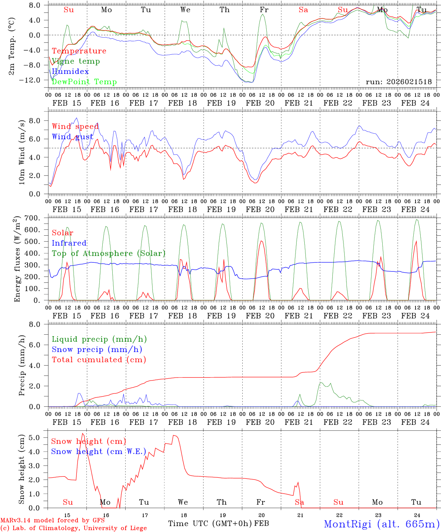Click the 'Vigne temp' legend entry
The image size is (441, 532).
pos(76,61)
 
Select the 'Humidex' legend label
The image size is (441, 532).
pos(70,71)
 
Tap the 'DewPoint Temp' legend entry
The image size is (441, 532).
pos(84,82)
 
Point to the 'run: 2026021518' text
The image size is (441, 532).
pos(399,82)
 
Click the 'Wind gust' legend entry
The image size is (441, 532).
pos(73,137)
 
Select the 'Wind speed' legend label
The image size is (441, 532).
pos(75,127)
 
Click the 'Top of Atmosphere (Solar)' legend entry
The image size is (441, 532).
pos(109,253)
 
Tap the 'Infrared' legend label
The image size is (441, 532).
pos(69,243)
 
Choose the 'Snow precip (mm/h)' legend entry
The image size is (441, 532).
pos(97,349)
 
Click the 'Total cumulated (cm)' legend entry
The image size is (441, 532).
pos(99,359)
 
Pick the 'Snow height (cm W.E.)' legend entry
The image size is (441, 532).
pos(99,451)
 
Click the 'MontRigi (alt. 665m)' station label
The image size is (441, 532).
pos(382,524)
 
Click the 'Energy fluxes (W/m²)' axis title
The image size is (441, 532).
pos(17,259)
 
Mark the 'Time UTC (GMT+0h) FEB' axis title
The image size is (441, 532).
pos(218,524)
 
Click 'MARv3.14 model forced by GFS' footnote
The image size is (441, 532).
pos(52,521)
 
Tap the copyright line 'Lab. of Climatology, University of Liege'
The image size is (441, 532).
pos(73,528)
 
